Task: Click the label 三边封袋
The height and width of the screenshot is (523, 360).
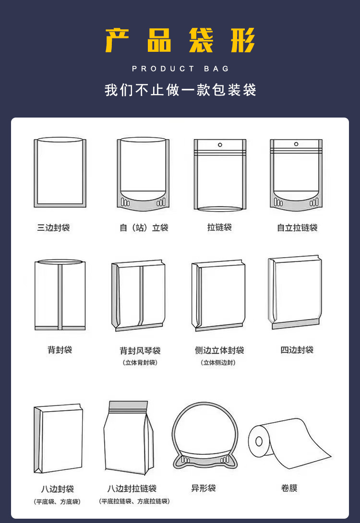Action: (x=54, y=227)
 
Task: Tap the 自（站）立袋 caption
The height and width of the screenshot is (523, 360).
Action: (x=144, y=227)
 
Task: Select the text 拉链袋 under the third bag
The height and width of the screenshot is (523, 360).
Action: (x=219, y=227)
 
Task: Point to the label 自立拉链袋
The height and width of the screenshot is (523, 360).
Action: (x=297, y=227)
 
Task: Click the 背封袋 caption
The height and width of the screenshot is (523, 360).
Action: (x=60, y=350)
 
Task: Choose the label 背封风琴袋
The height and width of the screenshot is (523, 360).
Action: (x=140, y=351)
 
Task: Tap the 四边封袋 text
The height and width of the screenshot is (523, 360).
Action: (x=297, y=350)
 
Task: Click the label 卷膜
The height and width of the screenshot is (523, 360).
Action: (x=289, y=488)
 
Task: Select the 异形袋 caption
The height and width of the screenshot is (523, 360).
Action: (x=204, y=488)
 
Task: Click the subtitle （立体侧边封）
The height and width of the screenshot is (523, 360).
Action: (x=218, y=363)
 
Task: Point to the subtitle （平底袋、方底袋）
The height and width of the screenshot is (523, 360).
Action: (x=57, y=501)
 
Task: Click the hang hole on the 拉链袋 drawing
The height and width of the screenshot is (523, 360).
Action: (x=220, y=144)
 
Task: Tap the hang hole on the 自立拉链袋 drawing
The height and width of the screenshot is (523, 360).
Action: (x=296, y=144)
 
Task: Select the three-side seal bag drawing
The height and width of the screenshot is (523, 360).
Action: (x=60, y=173)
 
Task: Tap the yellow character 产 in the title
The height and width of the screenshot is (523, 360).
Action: (x=119, y=41)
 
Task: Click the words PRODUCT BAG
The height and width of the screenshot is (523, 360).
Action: (x=180, y=69)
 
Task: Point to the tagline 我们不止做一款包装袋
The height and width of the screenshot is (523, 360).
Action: (x=180, y=90)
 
